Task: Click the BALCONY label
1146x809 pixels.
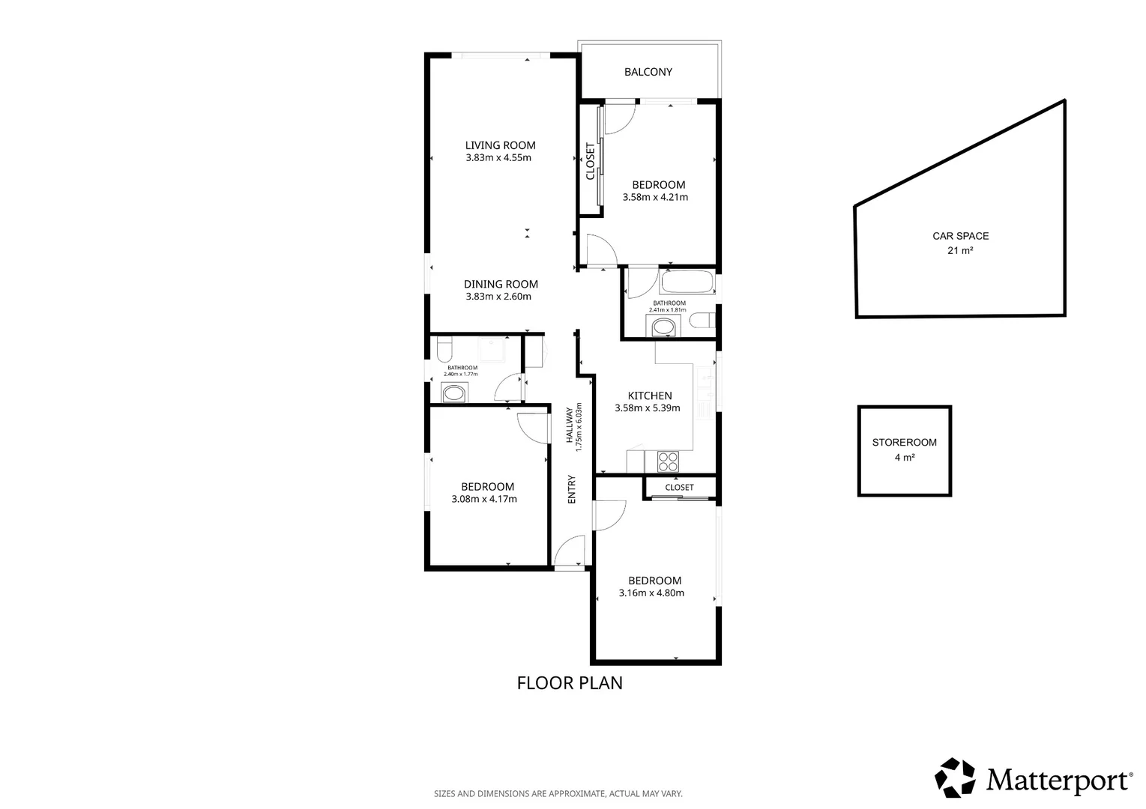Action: click(x=648, y=72)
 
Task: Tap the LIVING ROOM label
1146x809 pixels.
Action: click(x=501, y=145)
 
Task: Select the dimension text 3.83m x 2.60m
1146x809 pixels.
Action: click(x=498, y=297)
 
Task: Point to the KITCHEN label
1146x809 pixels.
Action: click(x=650, y=396)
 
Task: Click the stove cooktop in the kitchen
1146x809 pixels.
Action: click(x=668, y=461)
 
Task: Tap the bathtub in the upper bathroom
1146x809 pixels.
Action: click(x=687, y=282)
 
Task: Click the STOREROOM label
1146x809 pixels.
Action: click(x=905, y=443)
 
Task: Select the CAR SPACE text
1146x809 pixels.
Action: click(x=961, y=236)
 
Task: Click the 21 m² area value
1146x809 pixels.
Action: click(x=960, y=251)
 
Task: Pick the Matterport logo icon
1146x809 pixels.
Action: click(x=955, y=778)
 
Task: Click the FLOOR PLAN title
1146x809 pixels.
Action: click(x=570, y=683)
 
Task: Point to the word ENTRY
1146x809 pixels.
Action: click(x=572, y=489)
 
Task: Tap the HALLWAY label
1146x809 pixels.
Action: click(x=570, y=425)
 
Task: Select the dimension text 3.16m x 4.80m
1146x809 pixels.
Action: click(x=651, y=593)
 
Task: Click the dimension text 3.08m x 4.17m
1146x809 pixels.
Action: click(x=484, y=499)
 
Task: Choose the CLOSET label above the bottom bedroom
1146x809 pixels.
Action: click(x=679, y=488)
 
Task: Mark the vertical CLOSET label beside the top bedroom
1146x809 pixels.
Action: click(x=591, y=161)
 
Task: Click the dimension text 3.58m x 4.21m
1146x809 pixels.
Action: click(x=655, y=198)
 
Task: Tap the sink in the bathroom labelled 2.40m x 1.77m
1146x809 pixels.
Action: click(x=453, y=393)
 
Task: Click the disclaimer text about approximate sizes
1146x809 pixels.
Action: click(x=558, y=794)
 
